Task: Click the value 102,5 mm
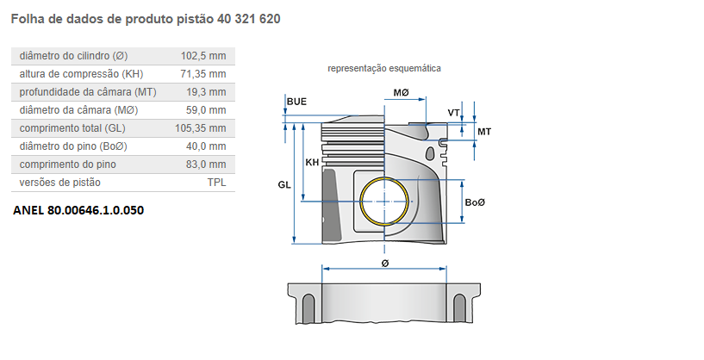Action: point(203,56)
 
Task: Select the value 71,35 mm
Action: point(203,74)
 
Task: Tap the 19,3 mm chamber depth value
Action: point(207,92)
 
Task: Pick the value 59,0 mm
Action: point(207,110)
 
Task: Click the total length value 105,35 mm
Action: point(201,128)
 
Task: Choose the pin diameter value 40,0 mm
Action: point(207,146)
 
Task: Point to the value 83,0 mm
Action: point(207,164)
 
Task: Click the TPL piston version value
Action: point(216,183)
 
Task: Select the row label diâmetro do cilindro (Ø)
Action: point(74,56)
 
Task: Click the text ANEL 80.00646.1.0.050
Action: point(78,209)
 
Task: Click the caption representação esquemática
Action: point(383,68)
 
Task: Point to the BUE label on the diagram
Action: point(296,102)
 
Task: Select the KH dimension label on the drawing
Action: point(312,161)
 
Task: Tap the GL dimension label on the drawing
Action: point(284,184)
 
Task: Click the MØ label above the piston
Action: point(401,92)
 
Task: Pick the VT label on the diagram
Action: point(454,113)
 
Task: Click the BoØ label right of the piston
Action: point(475,202)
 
